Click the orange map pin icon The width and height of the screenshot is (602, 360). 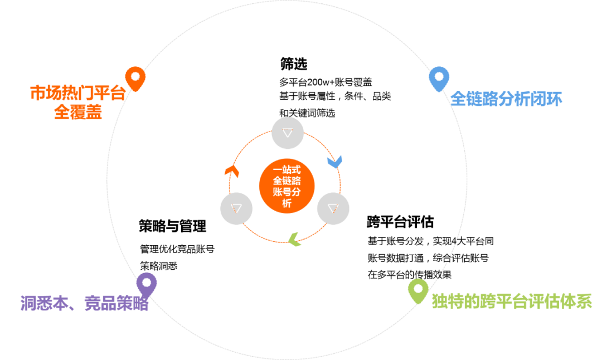[x=135, y=78]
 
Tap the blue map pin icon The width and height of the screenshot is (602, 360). [x=439, y=78]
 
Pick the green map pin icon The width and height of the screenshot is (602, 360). [x=418, y=290]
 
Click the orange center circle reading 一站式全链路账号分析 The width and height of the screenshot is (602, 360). [x=287, y=185]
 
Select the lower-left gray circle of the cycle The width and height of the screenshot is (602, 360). [x=236, y=208]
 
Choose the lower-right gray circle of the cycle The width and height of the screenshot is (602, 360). [x=333, y=208]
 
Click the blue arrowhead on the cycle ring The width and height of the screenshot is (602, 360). [x=334, y=162]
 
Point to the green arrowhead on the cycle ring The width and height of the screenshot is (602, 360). [x=295, y=240]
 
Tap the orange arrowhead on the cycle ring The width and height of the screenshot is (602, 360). [x=232, y=171]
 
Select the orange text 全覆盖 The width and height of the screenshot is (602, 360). [x=78, y=112]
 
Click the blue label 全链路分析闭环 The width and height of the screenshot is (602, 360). [x=506, y=99]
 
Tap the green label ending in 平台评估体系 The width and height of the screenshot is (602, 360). [x=512, y=301]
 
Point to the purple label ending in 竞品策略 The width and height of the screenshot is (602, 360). [x=84, y=304]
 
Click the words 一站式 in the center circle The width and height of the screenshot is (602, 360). [x=287, y=169]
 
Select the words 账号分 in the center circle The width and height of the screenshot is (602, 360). [x=287, y=192]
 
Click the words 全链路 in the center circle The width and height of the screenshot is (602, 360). [x=287, y=181]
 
